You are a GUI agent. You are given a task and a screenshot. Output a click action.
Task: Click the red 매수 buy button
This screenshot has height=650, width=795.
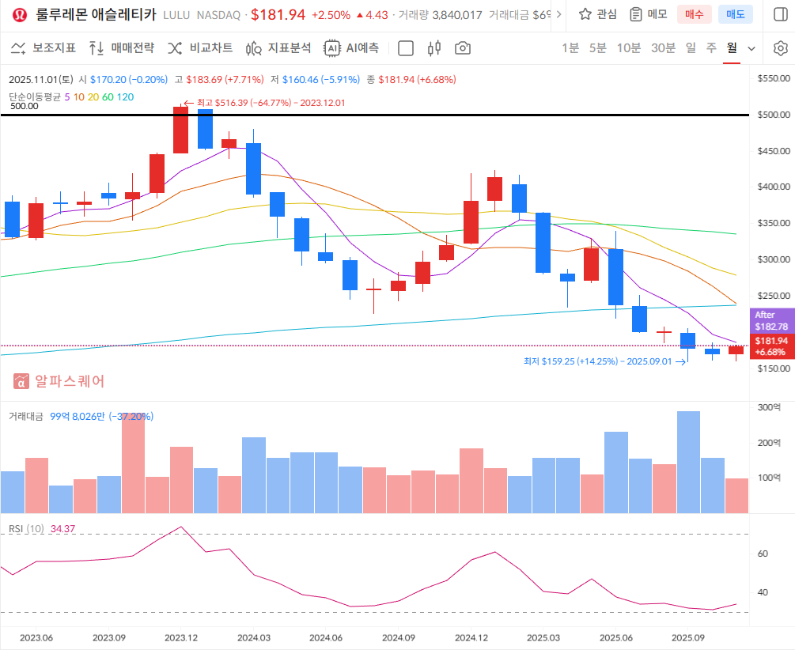pos(694,14)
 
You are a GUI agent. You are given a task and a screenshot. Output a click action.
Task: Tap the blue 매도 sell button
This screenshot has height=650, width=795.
pos(736,14)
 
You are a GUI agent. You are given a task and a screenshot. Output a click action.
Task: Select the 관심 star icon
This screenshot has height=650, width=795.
pos(585,14)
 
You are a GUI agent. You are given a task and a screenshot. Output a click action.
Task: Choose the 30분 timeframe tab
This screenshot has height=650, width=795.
pos(663,48)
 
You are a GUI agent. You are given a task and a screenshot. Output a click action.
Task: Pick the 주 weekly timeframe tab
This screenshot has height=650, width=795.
pos(712,48)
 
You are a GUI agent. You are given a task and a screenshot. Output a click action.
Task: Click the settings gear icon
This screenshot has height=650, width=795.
pos(780,48)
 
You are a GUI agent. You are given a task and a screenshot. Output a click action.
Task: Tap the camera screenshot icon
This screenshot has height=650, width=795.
pos(463,48)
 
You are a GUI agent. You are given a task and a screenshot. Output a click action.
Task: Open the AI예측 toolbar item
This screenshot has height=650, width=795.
pos(352,48)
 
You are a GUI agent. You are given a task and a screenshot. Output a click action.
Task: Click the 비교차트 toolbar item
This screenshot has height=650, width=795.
pos(201,48)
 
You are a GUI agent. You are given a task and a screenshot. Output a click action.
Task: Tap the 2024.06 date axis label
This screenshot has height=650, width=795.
pos(325,637)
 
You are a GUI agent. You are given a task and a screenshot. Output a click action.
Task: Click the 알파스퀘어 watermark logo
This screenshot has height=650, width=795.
pos(59,381)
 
